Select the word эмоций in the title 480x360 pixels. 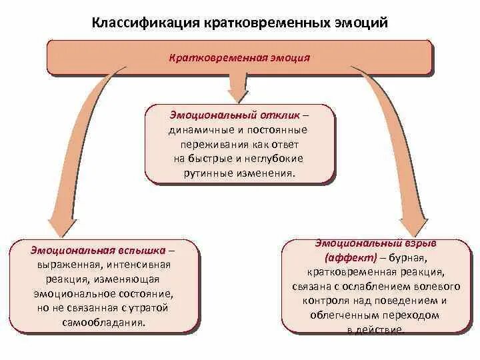360,23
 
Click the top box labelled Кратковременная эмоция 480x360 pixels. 239,57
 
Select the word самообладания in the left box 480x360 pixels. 106,322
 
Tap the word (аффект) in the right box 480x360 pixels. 351,258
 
